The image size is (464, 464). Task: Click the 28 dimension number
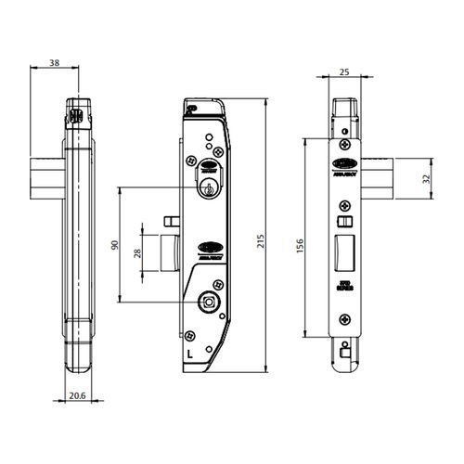tap(136, 254)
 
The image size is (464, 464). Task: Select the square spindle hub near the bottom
tap(210, 303)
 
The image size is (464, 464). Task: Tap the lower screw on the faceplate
tap(343, 318)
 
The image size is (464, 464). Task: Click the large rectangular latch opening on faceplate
tap(342, 252)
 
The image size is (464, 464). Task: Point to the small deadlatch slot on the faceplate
tap(342, 223)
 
